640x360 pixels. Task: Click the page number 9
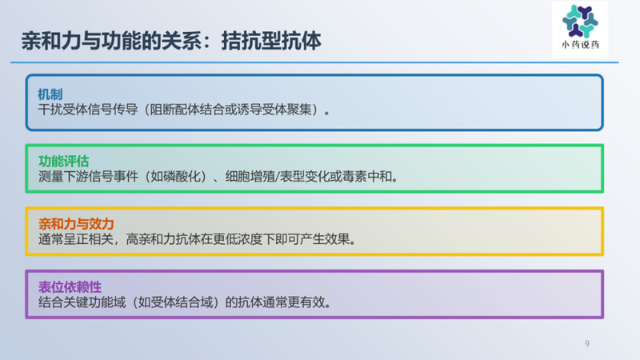coord(587,344)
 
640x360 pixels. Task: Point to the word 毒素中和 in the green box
coord(370,176)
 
